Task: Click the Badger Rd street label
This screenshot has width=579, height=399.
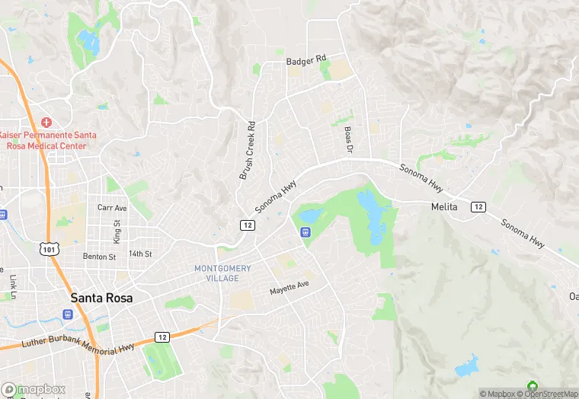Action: pyautogui.click(x=305, y=59)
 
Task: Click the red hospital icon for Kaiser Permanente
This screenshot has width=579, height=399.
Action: pyautogui.click(x=46, y=122)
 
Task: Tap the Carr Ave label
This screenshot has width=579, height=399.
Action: pyautogui.click(x=111, y=207)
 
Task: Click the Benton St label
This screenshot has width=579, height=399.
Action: pyautogui.click(x=99, y=257)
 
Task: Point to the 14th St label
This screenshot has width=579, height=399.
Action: pyautogui.click(x=140, y=254)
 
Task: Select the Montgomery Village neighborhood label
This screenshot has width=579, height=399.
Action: pyautogui.click(x=222, y=273)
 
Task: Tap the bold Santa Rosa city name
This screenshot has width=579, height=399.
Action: pyautogui.click(x=101, y=298)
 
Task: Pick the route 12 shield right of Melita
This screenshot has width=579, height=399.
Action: pyautogui.click(x=478, y=207)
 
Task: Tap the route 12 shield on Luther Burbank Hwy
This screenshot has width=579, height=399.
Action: pyautogui.click(x=162, y=337)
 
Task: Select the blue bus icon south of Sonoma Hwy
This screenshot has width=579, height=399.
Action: pyautogui.click(x=305, y=231)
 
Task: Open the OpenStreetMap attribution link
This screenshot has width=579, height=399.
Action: pyautogui.click(x=544, y=394)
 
